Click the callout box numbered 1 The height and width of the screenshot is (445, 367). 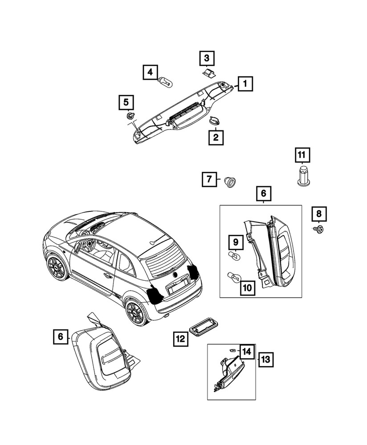(x=245, y=83)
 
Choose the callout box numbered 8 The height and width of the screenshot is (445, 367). (x=318, y=214)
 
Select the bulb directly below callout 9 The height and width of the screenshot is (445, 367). (x=234, y=257)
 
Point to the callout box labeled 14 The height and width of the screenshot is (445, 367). (x=247, y=351)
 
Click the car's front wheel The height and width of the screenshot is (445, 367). (x=58, y=267)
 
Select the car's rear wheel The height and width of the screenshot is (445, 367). (x=135, y=311)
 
